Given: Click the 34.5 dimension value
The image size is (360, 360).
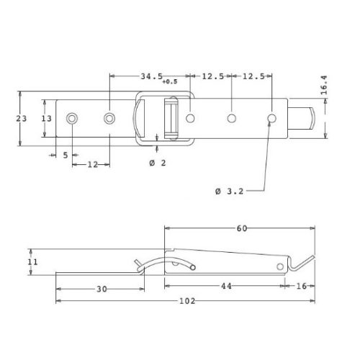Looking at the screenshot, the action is [x=151, y=76].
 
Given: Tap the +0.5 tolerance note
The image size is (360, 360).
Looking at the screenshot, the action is [x=170, y=82].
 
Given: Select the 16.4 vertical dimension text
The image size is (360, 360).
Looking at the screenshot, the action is [x=324, y=85].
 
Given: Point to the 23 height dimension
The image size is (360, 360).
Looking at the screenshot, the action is [x=22, y=118].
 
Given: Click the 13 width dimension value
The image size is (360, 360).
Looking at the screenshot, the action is [x=46, y=118].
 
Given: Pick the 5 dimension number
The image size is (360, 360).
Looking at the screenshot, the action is [x=66, y=156].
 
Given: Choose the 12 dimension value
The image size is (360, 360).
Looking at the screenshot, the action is [x=93, y=165].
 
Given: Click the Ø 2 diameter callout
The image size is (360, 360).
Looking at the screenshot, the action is [x=158, y=163].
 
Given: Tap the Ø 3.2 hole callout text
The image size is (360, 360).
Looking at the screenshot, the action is [x=229, y=192].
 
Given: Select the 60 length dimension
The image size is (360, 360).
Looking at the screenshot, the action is [x=242, y=228].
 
